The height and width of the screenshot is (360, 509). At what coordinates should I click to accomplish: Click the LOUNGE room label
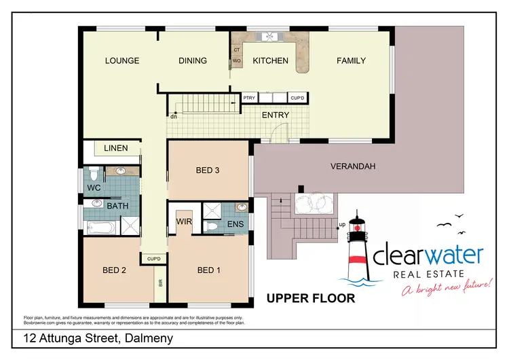(122, 61)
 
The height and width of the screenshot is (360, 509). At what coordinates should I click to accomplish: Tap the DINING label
(193, 61)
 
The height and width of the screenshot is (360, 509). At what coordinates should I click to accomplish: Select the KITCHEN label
(270, 61)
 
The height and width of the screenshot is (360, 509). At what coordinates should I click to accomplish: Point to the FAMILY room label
(351, 61)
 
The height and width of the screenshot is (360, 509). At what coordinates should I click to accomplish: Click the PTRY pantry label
(249, 98)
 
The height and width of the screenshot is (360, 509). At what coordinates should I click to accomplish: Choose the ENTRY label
(276, 115)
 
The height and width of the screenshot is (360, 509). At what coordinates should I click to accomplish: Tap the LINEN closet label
(116, 148)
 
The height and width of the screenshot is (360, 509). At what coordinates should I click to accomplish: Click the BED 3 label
(207, 170)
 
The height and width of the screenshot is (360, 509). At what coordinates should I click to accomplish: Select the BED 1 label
(208, 270)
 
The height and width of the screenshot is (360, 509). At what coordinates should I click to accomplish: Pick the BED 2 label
(115, 270)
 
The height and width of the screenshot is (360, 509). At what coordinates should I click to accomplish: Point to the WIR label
(184, 221)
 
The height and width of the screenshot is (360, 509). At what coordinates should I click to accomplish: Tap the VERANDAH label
(352, 166)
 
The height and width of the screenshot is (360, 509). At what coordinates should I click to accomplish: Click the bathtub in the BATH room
(100, 226)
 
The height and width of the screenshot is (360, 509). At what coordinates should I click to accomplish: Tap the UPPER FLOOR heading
(310, 298)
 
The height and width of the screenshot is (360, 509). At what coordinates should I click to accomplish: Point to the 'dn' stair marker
(174, 116)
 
